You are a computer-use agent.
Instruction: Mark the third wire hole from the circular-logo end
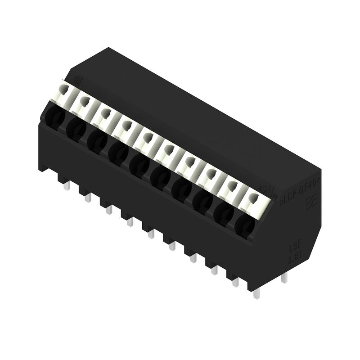pos(96,141)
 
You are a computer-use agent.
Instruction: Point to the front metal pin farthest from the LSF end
pos(67,185)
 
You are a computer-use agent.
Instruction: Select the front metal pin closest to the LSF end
pos(256,293)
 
